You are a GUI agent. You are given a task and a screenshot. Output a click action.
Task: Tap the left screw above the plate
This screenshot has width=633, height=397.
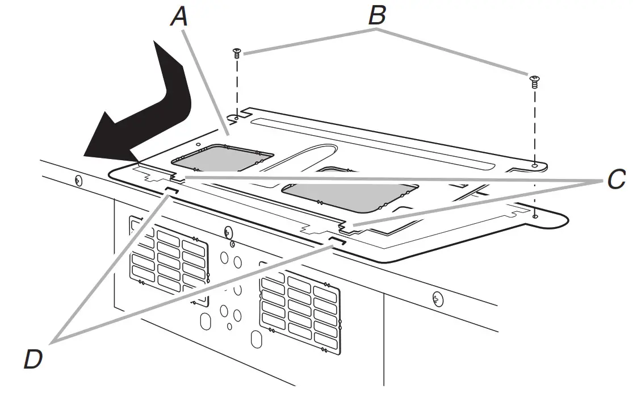pyautogui.click(x=236, y=54)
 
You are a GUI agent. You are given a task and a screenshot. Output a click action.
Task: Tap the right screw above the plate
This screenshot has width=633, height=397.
pyautogui.click(x=534, y=81)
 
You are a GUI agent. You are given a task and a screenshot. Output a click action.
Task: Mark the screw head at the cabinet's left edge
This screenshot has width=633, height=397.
pyautogui.click(x=78, y=181)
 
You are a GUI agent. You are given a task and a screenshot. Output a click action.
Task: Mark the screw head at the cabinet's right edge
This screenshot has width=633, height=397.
pyautogui.click(x=437, y=298)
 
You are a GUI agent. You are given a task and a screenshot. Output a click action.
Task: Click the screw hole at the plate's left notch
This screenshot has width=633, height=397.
pyautogui.click(x=236, y=120)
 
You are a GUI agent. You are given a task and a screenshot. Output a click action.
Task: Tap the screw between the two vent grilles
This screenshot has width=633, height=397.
pyautogui.click(x=228, y=232)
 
